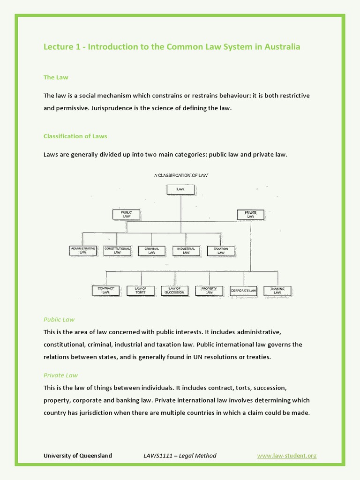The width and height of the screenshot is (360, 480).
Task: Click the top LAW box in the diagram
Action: [x=180, y=189]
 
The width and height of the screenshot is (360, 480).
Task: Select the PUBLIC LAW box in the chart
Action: [x=127, y=215]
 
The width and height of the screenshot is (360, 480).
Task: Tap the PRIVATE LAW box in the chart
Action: [x=250, y=215]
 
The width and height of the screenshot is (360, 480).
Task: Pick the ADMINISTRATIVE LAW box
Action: [x=83, y=251]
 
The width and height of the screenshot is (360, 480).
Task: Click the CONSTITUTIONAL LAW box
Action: [x=117, y=251]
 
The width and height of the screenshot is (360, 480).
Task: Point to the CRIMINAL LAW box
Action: [x=151, y=251]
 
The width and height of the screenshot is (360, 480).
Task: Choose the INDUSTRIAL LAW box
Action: [x=186, y=251]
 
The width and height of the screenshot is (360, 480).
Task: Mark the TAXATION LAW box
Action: [x=221, y=251]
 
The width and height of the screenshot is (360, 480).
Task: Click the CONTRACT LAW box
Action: [x=105, y=291]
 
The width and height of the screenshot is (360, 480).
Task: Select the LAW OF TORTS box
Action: [x=141, y=291]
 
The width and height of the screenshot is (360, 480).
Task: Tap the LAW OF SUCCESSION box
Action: [x=175, y=291]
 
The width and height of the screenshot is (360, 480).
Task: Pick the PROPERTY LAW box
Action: [x=209, y=291]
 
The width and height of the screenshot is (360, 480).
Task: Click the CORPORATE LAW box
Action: [x=243, y=291]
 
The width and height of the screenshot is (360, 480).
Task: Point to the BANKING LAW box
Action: [x=277, y=291]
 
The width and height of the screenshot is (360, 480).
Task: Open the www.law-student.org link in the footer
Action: [x=287, y=456]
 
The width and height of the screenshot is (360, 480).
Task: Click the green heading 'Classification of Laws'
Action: [x=75, y=136]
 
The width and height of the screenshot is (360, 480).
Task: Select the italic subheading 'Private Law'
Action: [x=60, y=375]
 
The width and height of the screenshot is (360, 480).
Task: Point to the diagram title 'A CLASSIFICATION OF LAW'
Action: [x=181, y=175]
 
